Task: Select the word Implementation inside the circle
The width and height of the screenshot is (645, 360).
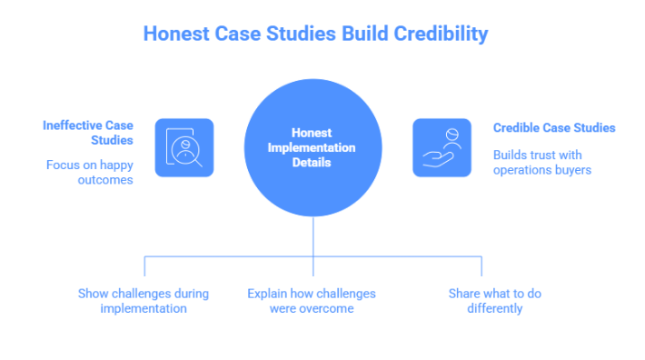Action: (312, 148)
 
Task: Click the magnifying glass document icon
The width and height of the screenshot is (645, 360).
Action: (184, 147)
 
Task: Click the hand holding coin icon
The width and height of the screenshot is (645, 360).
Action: (442, 147)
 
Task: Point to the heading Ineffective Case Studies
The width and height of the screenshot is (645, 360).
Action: (88, 133)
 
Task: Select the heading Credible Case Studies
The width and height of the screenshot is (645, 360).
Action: (553, 128)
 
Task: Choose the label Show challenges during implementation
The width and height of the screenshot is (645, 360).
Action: (144, 301)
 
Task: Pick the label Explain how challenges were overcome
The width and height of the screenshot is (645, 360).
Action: (312, 301)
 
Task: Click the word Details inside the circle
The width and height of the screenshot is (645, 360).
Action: (312, 163)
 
